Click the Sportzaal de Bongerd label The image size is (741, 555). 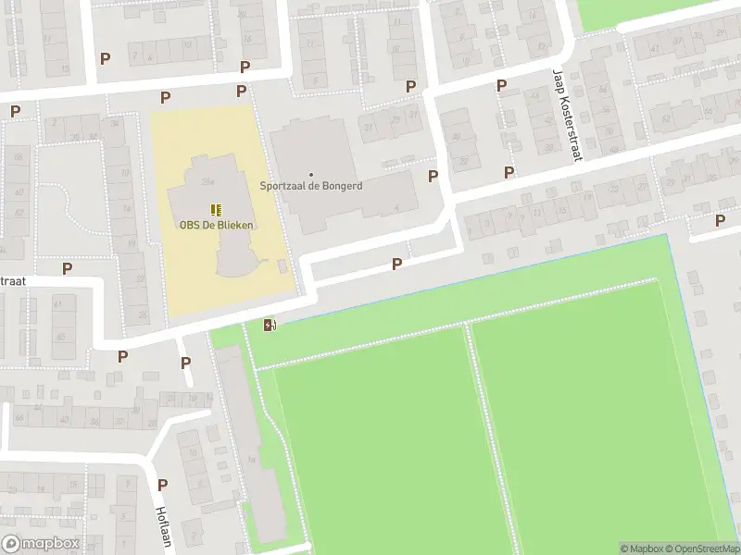(310, 186)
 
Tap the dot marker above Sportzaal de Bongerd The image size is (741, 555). (310, 174)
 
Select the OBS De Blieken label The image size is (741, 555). (217, 224)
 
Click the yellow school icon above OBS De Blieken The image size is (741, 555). (216, 210)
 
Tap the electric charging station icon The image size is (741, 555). (270, 325)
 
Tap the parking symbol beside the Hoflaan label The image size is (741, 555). (162, 484)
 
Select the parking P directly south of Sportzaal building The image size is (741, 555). (396, 264)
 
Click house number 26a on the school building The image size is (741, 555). (207, 180)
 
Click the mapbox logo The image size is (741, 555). (40, 544)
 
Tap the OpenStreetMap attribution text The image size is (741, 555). (701, 549)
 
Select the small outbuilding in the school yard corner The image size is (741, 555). (282, 266)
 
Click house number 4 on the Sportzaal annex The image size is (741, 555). (396, 208)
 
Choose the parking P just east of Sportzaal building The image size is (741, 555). (432, 176)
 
